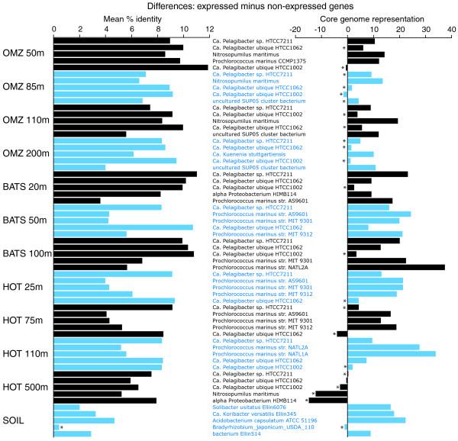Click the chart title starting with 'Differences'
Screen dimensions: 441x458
[228, 7]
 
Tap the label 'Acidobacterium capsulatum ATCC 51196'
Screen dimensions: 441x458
[260, 420]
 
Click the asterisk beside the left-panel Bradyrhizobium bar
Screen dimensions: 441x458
[62, 428]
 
